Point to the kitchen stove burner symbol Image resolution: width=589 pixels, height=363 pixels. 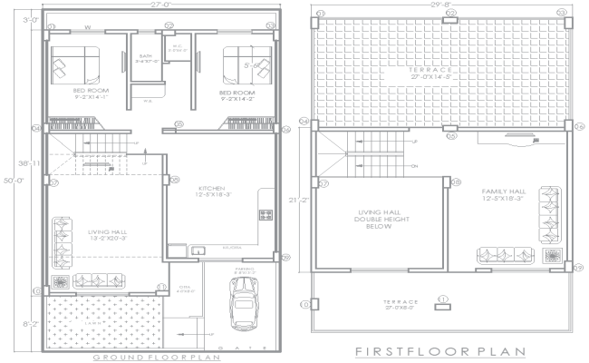(266, 216)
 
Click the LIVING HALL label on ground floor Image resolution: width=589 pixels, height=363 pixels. (106, 232)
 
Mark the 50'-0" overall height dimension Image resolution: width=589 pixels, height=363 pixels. (9, 181)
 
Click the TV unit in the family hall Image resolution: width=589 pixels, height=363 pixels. (519, 142)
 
